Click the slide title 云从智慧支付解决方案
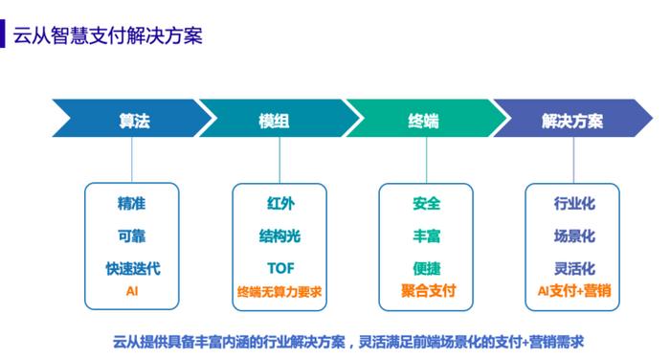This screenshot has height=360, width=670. point(107,36)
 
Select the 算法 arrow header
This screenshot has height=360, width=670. point(133,123)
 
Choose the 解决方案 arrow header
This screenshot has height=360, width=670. point(571,123)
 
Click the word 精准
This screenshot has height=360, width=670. point(132,203)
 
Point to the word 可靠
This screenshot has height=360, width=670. point(132,236)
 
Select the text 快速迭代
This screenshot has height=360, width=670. point(132,268)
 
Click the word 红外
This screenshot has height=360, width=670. point(280,203)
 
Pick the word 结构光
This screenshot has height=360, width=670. point(280,236)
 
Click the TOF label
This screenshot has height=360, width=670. point(280,268)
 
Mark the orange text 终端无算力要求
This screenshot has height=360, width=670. point(280,289)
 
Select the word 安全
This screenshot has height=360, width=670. point(427,203)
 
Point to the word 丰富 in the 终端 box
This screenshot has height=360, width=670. point(427,236)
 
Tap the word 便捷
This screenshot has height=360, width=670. point(427,268)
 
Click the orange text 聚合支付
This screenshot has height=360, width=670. point(427,288)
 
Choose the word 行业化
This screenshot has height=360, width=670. point(574,203)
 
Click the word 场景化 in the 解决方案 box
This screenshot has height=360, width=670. point(574,236)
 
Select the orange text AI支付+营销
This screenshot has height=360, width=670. point(574,289)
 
